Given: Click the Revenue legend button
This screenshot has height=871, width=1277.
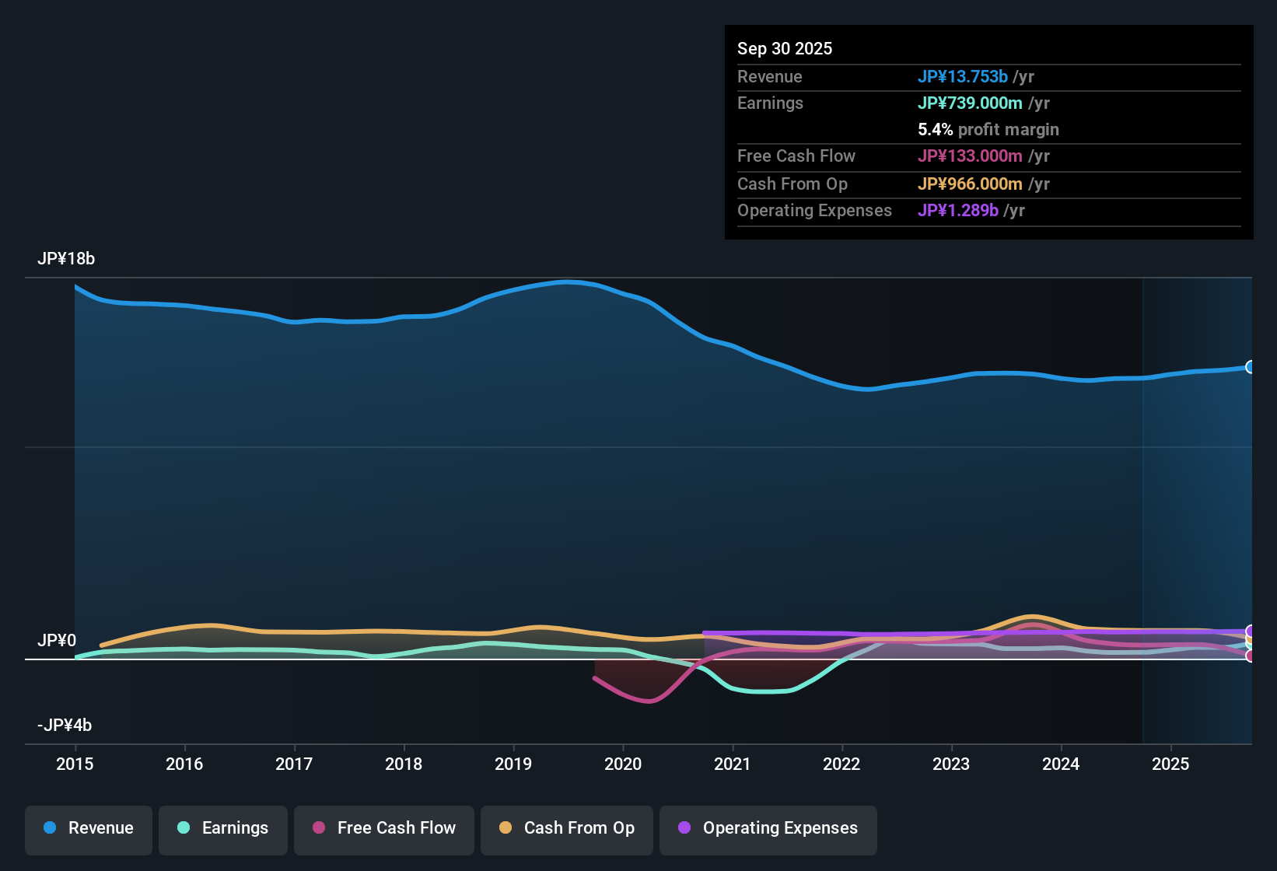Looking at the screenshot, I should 89,828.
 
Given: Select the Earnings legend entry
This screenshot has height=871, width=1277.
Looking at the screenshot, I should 223,828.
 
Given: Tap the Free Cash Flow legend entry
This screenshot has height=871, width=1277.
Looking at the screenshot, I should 384,828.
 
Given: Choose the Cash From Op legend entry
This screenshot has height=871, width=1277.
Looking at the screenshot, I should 567,828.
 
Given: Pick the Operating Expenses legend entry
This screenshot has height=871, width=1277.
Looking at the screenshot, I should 768,828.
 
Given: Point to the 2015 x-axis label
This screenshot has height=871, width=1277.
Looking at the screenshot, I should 75,764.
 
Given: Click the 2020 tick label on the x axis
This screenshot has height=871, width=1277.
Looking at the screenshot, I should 623,764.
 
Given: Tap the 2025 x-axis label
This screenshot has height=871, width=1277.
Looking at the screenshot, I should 1170,764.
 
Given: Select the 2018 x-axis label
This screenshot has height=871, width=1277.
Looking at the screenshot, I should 404,764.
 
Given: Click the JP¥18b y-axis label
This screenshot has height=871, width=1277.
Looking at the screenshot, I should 66,259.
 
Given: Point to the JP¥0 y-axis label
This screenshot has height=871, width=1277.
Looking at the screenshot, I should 57,641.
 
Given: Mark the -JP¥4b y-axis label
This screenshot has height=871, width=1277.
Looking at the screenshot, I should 65,726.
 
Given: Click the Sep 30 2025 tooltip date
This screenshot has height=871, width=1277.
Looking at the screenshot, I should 785,49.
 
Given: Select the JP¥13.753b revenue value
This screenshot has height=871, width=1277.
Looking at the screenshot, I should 963,77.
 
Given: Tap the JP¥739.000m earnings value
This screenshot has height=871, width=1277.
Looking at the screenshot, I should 970,103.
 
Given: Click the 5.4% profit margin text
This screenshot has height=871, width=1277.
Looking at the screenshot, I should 988,130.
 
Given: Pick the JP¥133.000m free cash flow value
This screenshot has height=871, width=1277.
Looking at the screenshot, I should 970,156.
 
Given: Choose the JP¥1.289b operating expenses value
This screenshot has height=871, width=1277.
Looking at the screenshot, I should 958,211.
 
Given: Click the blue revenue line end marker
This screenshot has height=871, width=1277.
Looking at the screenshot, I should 1250,367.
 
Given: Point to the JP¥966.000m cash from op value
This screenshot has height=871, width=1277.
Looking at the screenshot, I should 970,184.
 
